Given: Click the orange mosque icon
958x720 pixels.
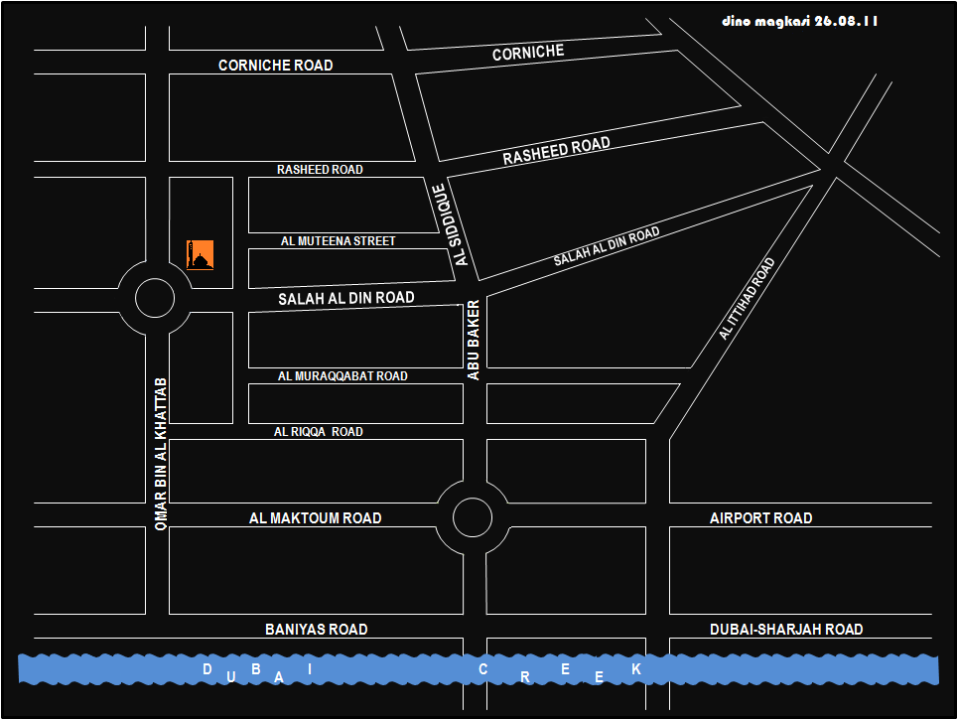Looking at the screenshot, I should pyautogui.click(x=201, y=254).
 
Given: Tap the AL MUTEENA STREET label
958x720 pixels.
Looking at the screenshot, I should pyautogui.click(x=338, y=241).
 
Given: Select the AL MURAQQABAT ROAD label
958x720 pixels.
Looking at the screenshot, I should pyautogui.click(x=342, y=376).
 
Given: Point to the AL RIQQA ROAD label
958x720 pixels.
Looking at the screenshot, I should pyautogui.click(x=318, y=432).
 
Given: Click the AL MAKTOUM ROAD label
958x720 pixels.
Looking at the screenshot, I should pyautogui.click(x=315, y=517).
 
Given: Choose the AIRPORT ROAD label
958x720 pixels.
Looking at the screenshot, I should pyautogui.click(x=760, y=517).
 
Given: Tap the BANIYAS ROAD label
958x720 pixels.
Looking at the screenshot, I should pyautogui.click(x=316, y=630).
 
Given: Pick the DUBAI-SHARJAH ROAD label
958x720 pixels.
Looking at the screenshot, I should pyautogui.click(x=786, y=630).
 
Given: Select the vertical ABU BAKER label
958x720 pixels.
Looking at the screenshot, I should pyautogui.click(x=474, y=340).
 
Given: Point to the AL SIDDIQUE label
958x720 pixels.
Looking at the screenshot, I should pyautogui.click(x=451, y=224).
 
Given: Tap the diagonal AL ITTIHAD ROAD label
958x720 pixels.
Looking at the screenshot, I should pyautogui.click(x=747, y=300).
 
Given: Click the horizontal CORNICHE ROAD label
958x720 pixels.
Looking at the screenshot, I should pyautogui.click(x=275, y=66).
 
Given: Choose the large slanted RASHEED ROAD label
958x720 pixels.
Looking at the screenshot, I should pyautogui.click(x=556, y=152).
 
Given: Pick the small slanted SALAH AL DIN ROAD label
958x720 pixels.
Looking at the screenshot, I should pyautogui.click(x=607, y=246).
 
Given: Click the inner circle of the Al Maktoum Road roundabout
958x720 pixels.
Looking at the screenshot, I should pyautogui.click(x=473, y=516).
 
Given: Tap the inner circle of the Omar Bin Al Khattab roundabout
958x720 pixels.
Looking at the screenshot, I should pyautogui.click(x=154, y=297).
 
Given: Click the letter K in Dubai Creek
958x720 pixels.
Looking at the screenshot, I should pyautogui.click(x=636, y=669).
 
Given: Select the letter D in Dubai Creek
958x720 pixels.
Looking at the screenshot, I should pyautogui.click(x=207, y=669).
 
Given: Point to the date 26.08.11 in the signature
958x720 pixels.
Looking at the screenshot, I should pyautogui.click(x=846, y=21).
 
